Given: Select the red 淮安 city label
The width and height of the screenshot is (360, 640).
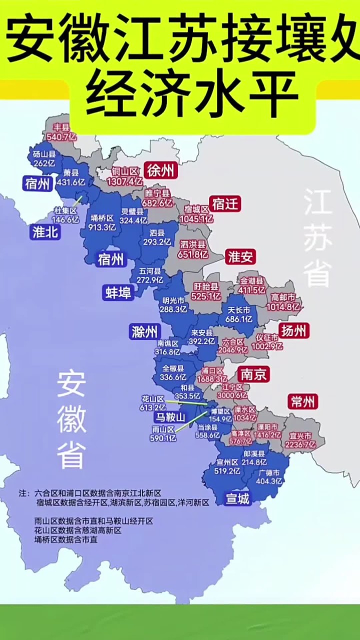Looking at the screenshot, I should pyautogui.click(x=240, y=257).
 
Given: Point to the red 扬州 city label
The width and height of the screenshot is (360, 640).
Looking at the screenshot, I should pyautogui.click(x=294, y=330).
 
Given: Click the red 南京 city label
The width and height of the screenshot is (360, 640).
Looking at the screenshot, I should pyautogui.click(x=253, y=374).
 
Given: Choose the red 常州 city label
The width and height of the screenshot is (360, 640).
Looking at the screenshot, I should pyautogui.click(x=302, y=401).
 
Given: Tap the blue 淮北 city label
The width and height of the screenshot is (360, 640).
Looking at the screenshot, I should pyautogui.click(x=45, y=232).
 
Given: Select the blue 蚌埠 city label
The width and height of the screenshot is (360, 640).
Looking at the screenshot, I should pyautogui.click(x=118, y=292).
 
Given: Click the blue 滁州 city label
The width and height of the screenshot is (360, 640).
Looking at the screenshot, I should pyautogui.click(x=144, y=331).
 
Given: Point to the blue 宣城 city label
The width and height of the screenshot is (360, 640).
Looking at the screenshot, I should pyautogui.click(x=237, y=498).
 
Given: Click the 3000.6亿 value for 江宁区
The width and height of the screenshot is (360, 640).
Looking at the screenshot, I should pyautogui.click(x=232, y=395).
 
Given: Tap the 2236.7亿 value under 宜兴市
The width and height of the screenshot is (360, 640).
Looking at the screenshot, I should pyautogui.click(x=300, y=444).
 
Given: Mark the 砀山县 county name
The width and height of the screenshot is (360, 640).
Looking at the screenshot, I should pyautogui.click(x=44, y=154).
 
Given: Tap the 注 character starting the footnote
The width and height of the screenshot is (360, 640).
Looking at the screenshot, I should pyautogui.click(x=22, y=493).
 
